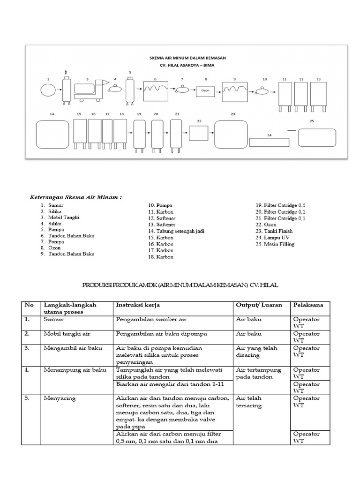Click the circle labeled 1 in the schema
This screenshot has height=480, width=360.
pos(48,90)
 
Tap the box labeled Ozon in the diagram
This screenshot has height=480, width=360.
pos(205,90)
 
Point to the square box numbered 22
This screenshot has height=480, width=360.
pos(199,133)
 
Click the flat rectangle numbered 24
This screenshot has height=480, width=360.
pos(270,142)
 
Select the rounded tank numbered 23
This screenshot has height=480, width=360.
pos(231,134)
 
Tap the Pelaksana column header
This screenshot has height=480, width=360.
pos(308,305)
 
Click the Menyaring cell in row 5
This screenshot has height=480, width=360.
pos(60,398)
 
